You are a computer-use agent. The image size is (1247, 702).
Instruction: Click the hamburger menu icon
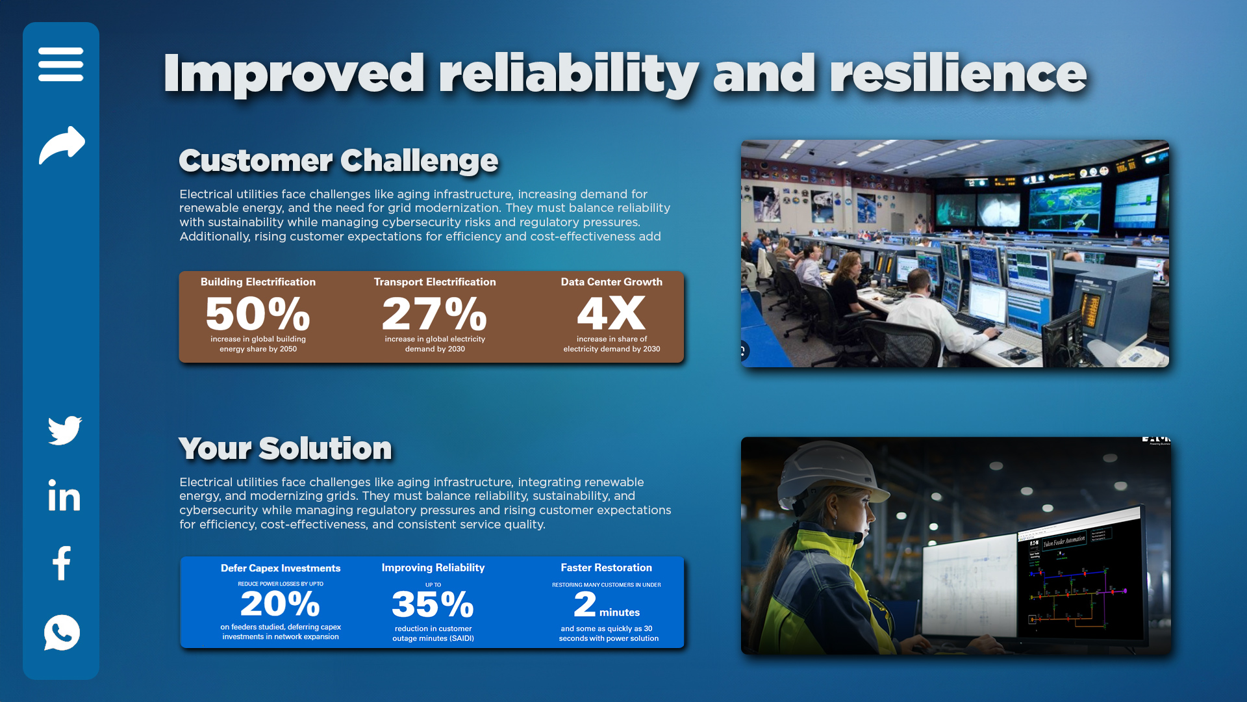[61, 64]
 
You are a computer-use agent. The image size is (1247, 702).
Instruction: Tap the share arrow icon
[62, 145]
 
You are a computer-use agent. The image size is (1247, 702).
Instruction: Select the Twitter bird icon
[65, 430]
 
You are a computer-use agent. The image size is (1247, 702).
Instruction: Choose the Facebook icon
[62, 563]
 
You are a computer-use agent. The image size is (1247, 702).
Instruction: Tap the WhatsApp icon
[62, 632]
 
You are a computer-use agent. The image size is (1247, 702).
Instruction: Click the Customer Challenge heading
[338, 161]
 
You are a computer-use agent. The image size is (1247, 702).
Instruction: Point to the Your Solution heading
[285, 448]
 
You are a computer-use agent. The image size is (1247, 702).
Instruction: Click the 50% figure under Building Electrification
[258, 314]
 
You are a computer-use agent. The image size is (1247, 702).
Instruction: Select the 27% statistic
[435, 314]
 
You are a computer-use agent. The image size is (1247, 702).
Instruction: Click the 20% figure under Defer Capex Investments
[281, 604]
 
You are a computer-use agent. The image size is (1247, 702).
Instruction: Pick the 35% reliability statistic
[433, 604]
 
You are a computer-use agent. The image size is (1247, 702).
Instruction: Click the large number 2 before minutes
[585, 604]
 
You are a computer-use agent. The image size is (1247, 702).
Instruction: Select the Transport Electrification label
[435, 282]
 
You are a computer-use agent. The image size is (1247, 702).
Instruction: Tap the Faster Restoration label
[606, 568]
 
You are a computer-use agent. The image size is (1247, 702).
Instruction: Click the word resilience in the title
[958, 73]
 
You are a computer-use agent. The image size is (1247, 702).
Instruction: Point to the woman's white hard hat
[827, 474]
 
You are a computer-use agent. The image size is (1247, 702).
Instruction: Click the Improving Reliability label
[433, 568]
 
